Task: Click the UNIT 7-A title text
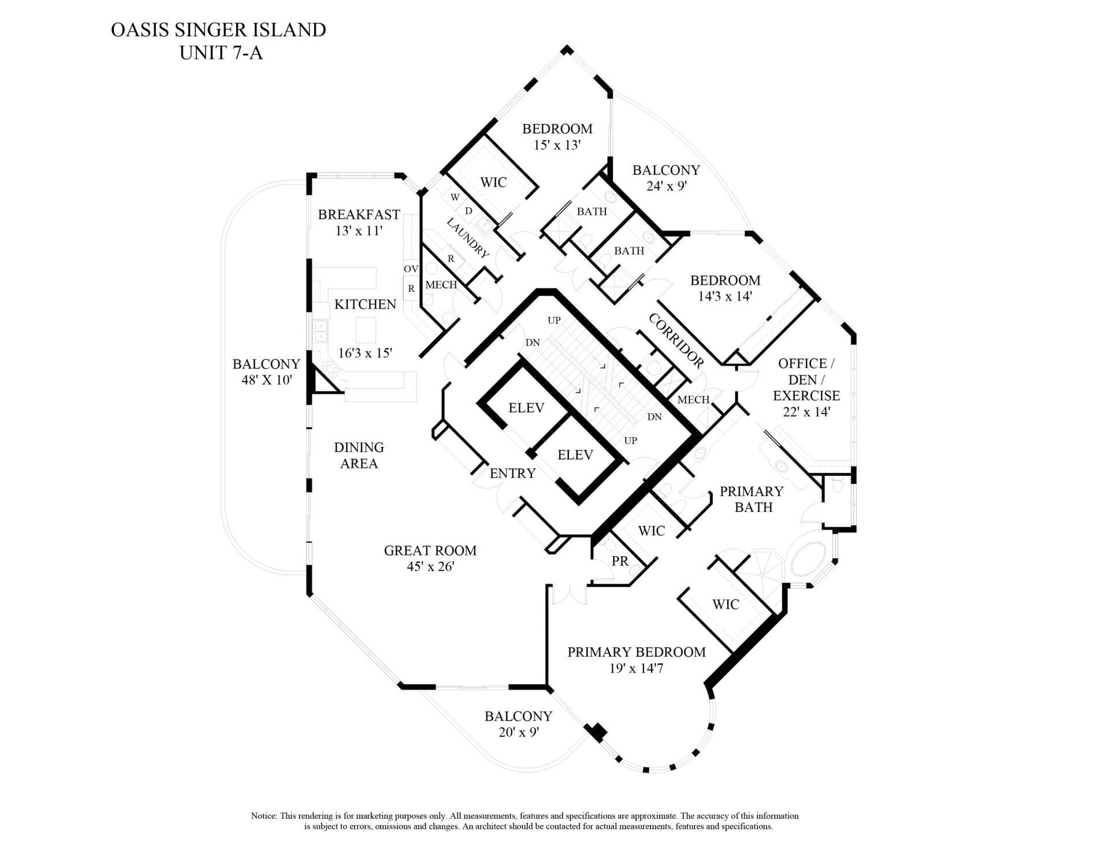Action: pos(221,53)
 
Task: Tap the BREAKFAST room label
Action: pos(359,215)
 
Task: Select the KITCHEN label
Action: pos(365,304)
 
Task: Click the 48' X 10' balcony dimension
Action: pos(266,381)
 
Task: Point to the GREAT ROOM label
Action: pos(430,551)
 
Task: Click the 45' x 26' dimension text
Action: pos(430,567)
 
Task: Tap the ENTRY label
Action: pos(512,474)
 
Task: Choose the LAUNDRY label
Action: pos(468,238)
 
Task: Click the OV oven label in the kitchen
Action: pos(411,269)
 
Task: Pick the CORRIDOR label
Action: pos(676,341)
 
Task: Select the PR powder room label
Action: pos(620,561)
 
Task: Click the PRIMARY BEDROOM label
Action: pos(637,653)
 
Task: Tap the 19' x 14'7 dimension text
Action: pos(637,669)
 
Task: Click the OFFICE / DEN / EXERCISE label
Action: pos(806,380)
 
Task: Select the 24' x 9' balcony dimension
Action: pos(666,187)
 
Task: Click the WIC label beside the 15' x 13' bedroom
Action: pos(493,182)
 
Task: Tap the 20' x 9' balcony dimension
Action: pos(518,732)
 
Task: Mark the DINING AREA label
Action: pos(359,456)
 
